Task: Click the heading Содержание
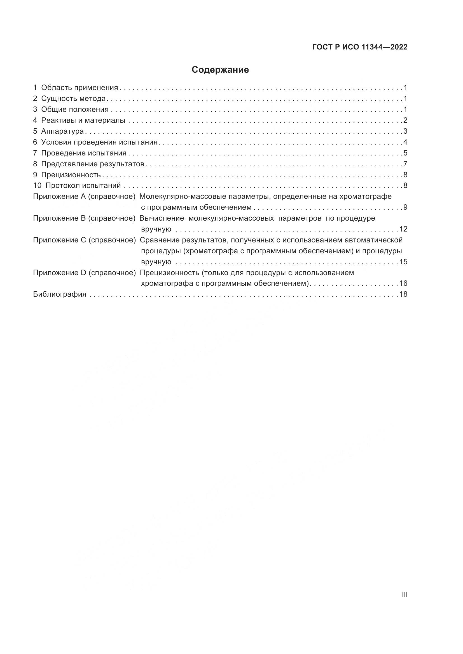(220, 70)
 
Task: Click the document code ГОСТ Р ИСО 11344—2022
(360, 47)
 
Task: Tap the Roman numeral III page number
(404, 595)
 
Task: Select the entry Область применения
(79, 88)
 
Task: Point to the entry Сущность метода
(73, 98)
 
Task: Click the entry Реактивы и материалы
(83, 121)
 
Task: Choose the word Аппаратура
(62, 131)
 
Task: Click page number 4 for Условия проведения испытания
(405, 142)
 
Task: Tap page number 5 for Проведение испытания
(405, 153)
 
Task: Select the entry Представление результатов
(93, 164)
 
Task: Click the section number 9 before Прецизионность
(35, 175)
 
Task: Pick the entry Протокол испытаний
(83, 186)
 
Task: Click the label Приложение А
(59, 197)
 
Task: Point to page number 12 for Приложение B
(403, 229)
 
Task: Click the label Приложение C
(60, 240)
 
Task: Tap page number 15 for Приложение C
(403, 262)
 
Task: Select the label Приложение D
(60, 273)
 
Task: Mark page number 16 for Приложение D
(403, 284)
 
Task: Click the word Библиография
(60, 294)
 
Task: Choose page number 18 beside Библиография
(403, 294)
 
